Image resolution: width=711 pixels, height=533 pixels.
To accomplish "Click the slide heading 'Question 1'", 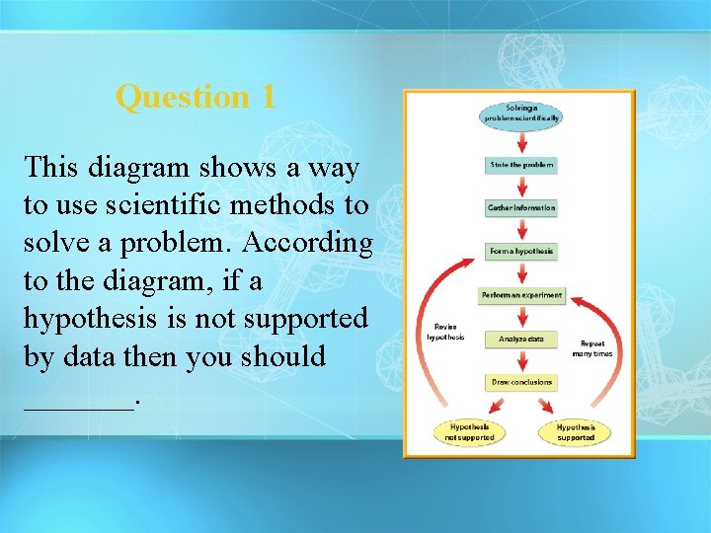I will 195,97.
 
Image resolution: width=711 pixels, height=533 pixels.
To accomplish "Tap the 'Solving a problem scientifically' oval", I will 521,113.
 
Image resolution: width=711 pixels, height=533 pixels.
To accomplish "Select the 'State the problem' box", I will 521,165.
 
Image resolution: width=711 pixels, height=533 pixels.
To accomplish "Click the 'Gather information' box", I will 521,208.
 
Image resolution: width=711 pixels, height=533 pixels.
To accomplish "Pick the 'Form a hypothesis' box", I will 521,252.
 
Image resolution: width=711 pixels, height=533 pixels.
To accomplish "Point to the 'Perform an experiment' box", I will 521,295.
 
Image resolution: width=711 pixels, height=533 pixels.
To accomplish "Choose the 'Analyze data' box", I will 521,339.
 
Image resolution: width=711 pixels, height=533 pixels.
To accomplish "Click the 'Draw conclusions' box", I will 521,382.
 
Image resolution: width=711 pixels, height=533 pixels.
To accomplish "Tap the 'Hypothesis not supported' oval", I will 469,432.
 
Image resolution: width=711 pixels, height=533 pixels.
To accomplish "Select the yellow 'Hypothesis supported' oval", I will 575,432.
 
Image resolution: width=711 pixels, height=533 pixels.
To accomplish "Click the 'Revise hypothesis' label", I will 444,332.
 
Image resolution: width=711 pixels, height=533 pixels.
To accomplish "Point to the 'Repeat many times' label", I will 596,348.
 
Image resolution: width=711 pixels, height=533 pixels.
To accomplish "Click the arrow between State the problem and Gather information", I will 521,188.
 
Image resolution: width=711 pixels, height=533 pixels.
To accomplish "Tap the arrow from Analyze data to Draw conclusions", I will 521,361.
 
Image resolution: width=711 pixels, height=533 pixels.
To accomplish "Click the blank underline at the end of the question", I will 78,403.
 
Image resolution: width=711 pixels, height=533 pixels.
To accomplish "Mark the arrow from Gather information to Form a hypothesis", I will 521,231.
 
